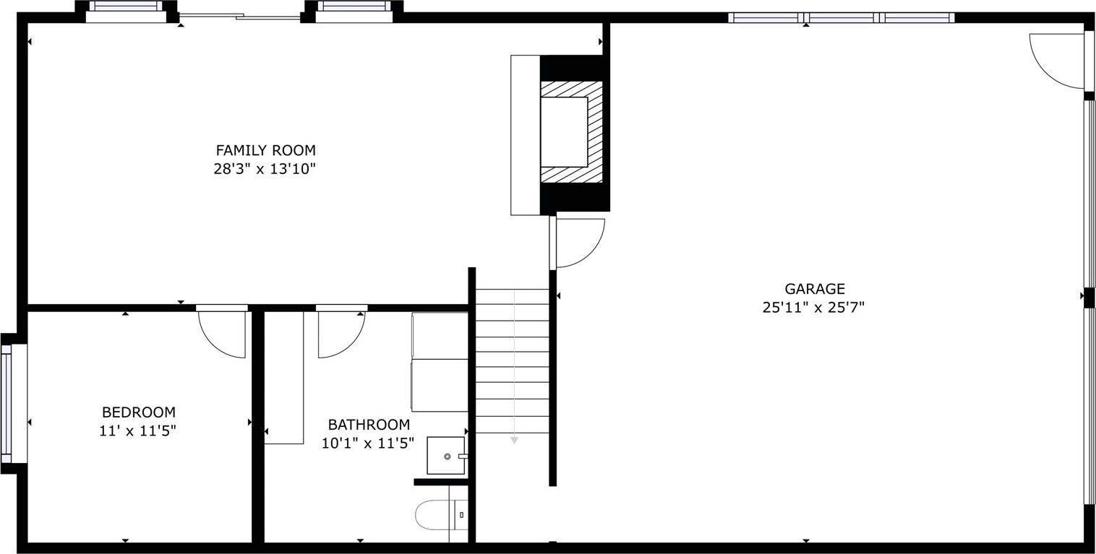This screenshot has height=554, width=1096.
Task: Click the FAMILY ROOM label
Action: pos(265,150)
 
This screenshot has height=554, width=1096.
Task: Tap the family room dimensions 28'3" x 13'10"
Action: pos(265,170)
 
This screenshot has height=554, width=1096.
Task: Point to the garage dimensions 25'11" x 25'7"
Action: pos(814,308)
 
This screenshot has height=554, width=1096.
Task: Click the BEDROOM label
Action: pos(138,412)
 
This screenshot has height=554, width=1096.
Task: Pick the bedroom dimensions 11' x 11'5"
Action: pos(138,431)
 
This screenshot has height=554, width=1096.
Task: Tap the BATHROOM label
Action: pos(369,425)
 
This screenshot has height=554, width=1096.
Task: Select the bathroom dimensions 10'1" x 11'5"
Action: pos(368,443)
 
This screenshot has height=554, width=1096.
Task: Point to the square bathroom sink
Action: pos(446,456)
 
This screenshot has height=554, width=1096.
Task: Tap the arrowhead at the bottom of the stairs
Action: pos(514,439)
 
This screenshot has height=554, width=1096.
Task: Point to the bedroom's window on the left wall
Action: pos(7,404)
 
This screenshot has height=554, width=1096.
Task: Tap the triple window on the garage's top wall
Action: pos(842,18)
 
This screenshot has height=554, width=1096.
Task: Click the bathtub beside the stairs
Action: pos(440,362)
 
